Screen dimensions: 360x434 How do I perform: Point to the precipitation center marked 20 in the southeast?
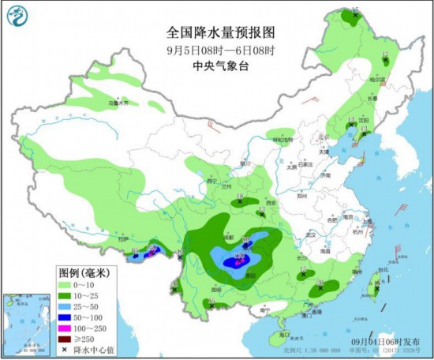[x=320, y=286]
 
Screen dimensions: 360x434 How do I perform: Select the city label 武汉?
[x=309, y=234]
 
